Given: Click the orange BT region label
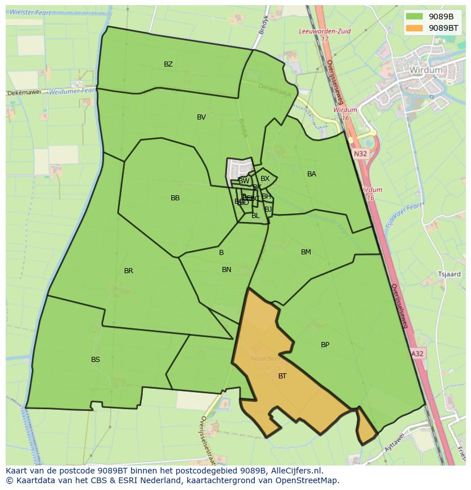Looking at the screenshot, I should pyautogui.click(x=282, y=376).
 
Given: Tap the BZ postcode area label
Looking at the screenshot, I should pyautogui.click(x=168, y=64).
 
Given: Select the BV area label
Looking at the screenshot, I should pyautogui.click(x=201, y=117).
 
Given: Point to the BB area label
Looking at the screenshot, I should pyautogui.click(x=175, y=198).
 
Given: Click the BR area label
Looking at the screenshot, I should pyautogui.click(x=129, y=271).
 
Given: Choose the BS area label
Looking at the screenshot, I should pyautogui.click(x=96, y=360).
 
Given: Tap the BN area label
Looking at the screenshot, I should pyautogui.click(x=226, y=270).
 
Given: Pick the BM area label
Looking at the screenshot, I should pyautogui.click(x=306, y=252).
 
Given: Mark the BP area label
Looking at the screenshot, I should pyautogui.click(x=325, y=345).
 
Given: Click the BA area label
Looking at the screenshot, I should pyautogui.click(x=312, y=174).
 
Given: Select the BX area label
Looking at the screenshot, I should pyautogui.click(x=265, y=179).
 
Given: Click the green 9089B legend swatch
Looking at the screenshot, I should pyautogui.click(x=415, y=17).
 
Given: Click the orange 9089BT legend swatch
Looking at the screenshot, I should pyautogui.click(x=415, y=27).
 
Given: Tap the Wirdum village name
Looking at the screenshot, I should pyautogui.click(x=425, y=70).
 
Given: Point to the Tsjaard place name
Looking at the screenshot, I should pyautogui.click(x=449, y=274).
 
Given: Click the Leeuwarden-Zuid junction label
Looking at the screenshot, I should pyautogui.click(x=325, y=32).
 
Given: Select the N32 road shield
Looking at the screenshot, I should pyautogui.click(x=360, y=154).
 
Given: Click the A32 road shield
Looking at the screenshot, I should pyautogui.click(x=418, y=353).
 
